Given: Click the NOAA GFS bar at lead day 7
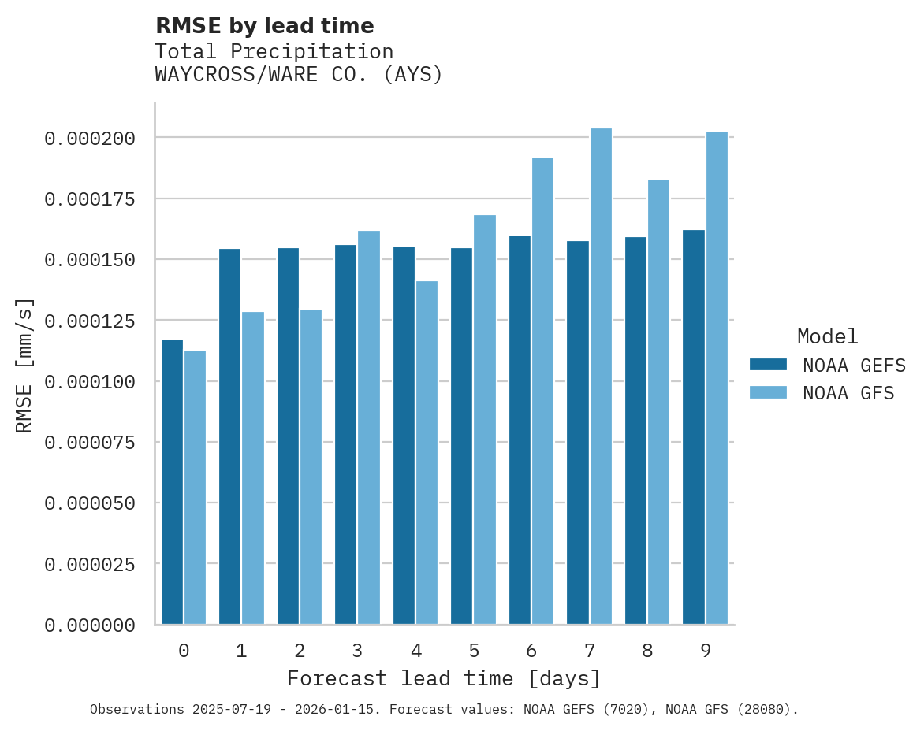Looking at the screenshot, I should (x=601, y=377).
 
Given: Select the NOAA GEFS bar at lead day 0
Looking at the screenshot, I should (x=172, y=481).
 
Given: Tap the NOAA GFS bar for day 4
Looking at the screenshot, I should (x=427, y=452).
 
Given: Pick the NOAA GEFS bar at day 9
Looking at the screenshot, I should (x=694, y=427).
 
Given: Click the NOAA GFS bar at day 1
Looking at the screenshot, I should (x=253, y=468).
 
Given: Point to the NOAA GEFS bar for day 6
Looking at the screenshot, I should (x=520, y=429).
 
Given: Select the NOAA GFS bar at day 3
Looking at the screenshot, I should (x=369, y=427).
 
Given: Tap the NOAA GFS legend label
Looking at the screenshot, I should (x=848, y=392).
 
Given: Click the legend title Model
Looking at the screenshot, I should (x=827, y=336).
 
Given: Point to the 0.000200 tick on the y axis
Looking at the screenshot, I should (x=90, y=139).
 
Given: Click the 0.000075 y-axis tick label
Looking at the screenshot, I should (x=90, y=443).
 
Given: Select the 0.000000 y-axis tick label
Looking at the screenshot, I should (x=90, y=625).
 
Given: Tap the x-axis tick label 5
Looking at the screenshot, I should (x=474, y=651).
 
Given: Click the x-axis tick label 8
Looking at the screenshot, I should (x=647, y=651).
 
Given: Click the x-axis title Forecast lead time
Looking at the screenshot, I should (x=444, y=678).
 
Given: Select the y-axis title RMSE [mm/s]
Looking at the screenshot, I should (x=24, y=365).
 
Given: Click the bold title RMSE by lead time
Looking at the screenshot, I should (x=264, y=26).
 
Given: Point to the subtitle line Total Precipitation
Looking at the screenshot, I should (x=274, y=51).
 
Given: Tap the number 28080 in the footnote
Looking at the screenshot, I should (x=760, y=709).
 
